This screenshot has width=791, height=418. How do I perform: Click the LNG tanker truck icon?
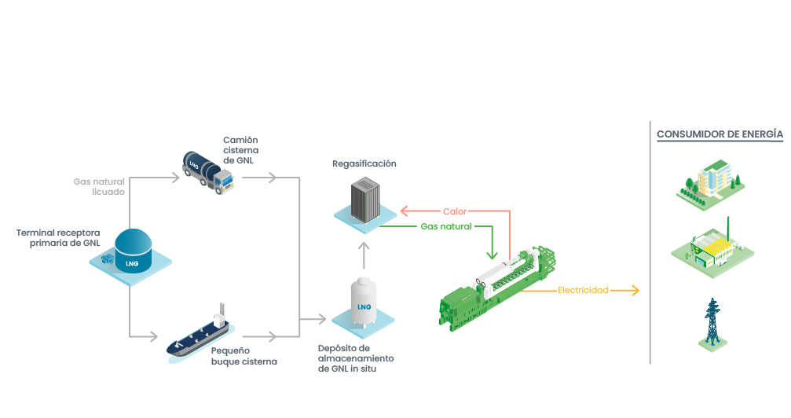click(x=206, y=170)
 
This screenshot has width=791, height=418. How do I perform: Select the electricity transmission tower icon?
click(x=712, y=323)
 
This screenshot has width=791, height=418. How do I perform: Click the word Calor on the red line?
click(x=455, y=211)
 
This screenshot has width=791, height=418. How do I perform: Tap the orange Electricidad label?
click(x=583, y=291)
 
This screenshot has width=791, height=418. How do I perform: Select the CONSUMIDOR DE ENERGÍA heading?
click(x=720, y=134)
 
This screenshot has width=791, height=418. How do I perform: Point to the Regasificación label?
click(x=364, y=163)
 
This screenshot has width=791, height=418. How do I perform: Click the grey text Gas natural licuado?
click(x=99, y=186)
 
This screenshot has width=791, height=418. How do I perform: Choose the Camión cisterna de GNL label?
click(x=240, y=150)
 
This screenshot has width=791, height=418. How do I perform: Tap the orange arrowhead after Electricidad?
click(x=635, y=291)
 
